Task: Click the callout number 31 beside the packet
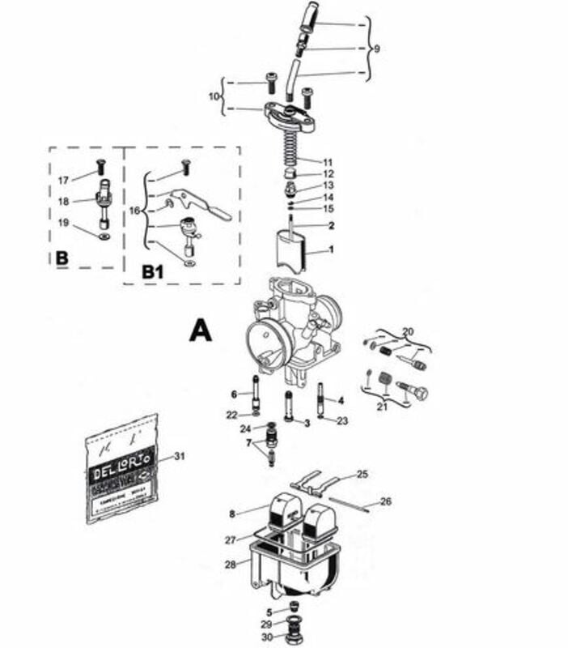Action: (x=179, y=457)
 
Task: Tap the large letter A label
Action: (x=200, y=330)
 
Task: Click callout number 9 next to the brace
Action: (x=376, y=49)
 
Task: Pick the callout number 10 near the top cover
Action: (x=214, y=96)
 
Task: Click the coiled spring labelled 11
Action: (x=290, y=141)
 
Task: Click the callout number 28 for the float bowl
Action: (x=231, y=564)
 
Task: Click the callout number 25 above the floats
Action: (x=362, y=474)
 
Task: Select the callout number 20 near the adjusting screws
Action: (x=407, y=331)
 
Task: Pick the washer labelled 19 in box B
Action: (x=104, y=238)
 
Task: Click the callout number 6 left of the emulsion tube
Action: (x=234, y=394)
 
